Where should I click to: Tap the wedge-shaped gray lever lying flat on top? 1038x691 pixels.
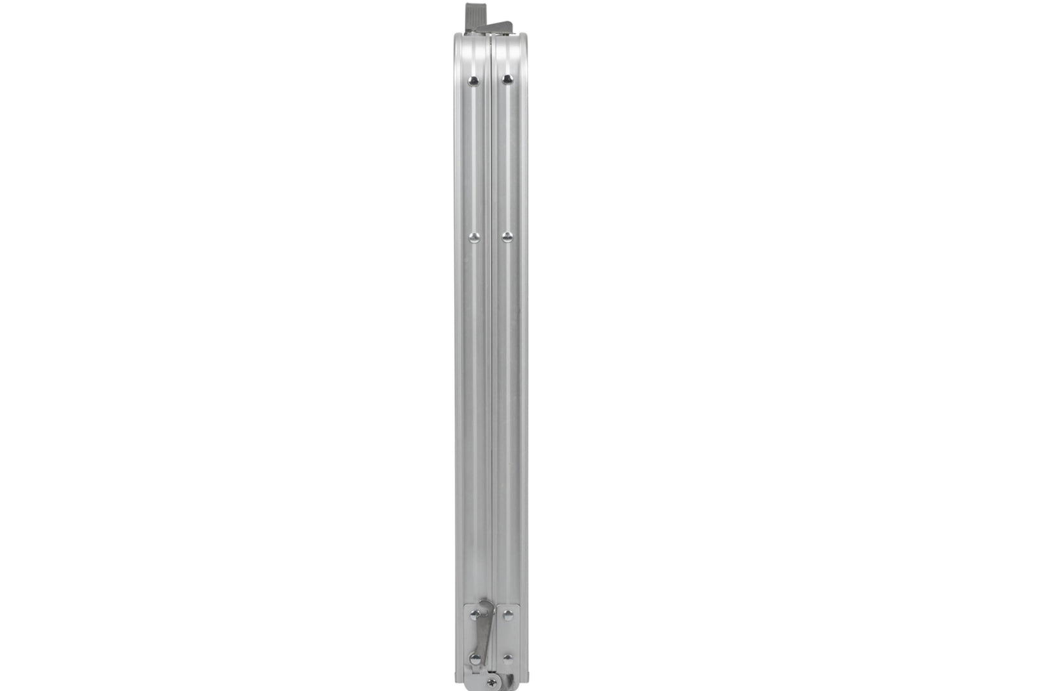tap(500, 26)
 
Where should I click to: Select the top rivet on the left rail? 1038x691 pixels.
tap(474, 81)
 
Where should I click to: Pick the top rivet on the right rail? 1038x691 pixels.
tap(507, 79)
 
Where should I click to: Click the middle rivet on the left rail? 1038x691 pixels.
tap(474, 238)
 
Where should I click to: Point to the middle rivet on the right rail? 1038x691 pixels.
tap(507, 237)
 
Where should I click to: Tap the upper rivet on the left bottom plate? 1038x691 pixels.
tap(475, 614)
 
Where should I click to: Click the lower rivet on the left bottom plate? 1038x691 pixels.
tap(475, 659)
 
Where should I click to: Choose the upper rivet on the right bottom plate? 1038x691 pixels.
tap(508, 614)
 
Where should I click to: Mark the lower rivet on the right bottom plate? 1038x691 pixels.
tap(508, 659)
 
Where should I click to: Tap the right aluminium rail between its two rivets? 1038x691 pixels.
tap(509, 159)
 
